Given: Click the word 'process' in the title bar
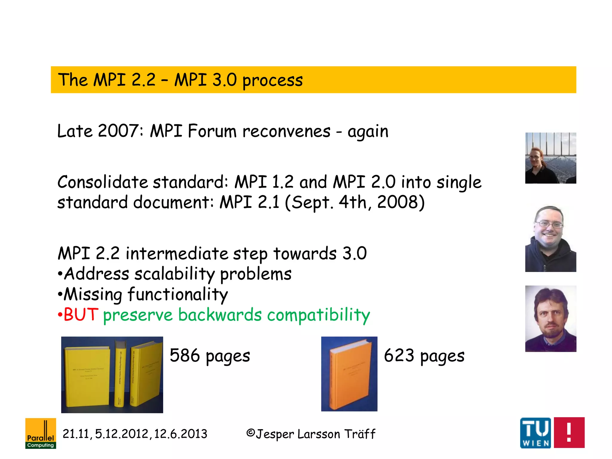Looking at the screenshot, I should coord(273,81).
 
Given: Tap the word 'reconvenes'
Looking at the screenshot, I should coord(286,131).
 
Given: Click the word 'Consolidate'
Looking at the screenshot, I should coord(102,182).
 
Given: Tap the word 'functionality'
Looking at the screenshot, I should coord(178,295).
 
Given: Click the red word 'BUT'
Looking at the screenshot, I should coord(81,315).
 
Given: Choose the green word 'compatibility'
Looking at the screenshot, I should coord(319,315).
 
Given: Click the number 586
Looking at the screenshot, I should coord(185,355).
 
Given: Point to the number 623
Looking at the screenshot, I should coord(399,355).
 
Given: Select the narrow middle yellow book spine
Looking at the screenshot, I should coord(120,375).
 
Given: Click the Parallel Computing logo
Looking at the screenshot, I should coord(41,433).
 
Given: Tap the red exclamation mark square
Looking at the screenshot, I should coord(569,432).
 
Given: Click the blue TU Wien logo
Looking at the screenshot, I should coord(535,432).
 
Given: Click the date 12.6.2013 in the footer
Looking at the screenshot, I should coord(180,434).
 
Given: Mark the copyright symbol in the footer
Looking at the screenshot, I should coord(250,433).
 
